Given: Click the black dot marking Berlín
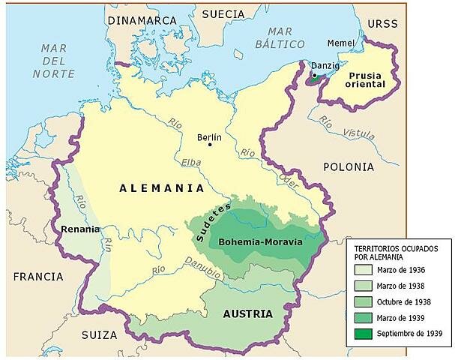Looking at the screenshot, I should click(211, 145).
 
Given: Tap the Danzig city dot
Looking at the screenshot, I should click(313, 75).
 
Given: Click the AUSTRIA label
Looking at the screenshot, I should click(247, 314).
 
